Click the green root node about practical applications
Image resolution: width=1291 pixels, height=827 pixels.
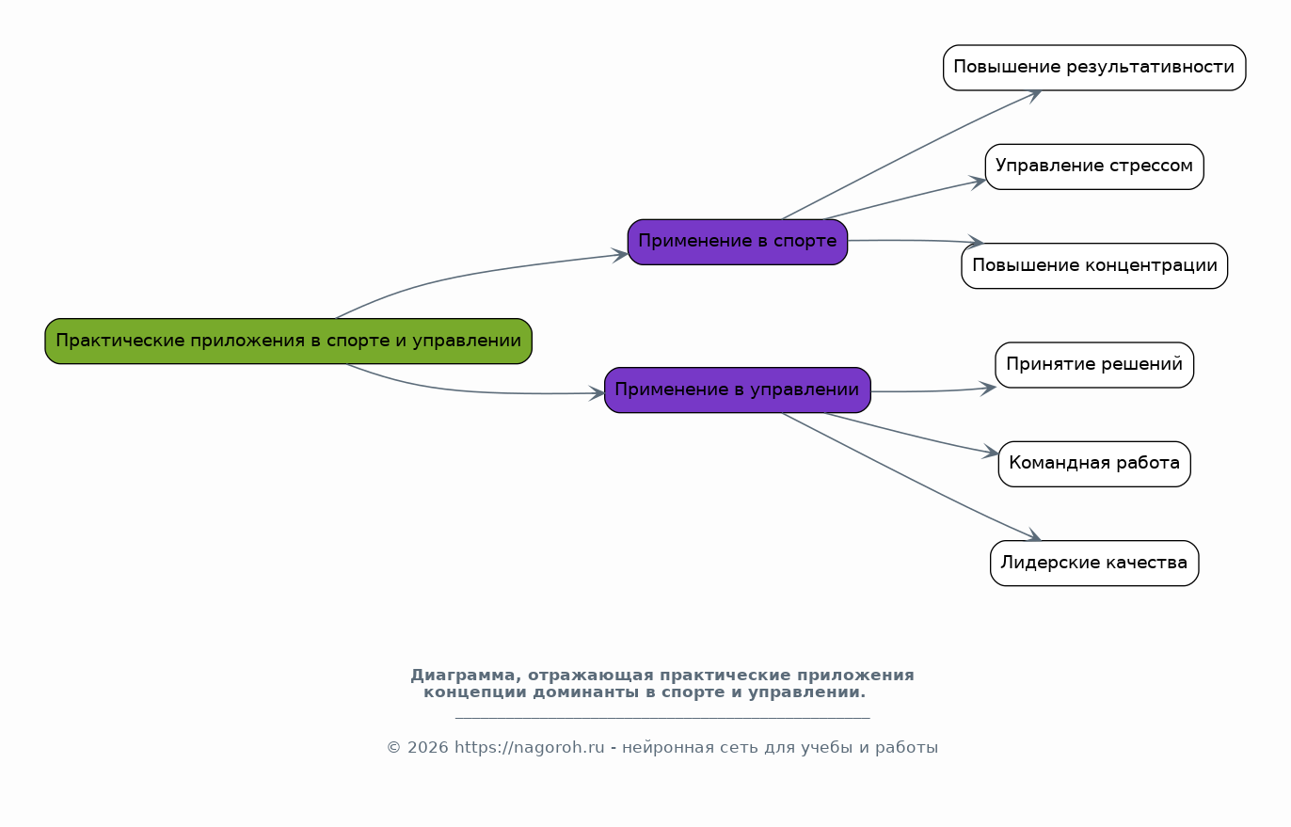point(288,342)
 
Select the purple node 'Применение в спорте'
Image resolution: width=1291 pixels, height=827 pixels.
point(738,242)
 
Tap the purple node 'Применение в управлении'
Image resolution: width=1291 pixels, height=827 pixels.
point(738,390)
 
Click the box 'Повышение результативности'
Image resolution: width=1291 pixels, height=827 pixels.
point(1094,68)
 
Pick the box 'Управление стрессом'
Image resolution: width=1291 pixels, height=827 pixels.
point(1094,167)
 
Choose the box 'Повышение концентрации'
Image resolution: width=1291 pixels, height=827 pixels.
point(1094,265)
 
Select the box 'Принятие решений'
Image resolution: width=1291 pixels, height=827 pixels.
point(1094,365)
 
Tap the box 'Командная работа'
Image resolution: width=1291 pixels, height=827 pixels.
point(1094,464)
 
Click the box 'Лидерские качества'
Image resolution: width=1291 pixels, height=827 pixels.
point(1094,563)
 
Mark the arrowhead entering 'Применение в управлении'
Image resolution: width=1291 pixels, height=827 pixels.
point(598,393)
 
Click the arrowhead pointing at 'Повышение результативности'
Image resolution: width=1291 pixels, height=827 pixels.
point(1033,95)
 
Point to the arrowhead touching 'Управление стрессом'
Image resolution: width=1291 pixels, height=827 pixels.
point(978,183)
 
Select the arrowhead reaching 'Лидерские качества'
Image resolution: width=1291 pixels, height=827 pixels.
point(1033,535)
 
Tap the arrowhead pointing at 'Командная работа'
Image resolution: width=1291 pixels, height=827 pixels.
point(992,453)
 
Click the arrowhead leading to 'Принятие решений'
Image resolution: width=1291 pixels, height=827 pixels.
point(988,388)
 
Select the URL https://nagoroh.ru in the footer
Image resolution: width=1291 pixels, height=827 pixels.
point(530,747)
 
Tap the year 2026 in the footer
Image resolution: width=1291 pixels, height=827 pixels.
point(427,748)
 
